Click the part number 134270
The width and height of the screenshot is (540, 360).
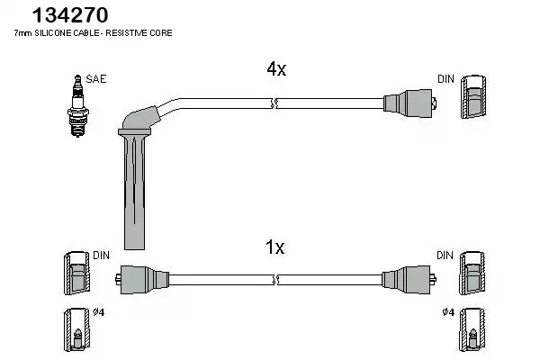tap(70, 15)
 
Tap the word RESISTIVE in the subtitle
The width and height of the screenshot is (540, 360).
tap(126, 33)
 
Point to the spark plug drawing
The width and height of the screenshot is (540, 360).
tap(77, 106)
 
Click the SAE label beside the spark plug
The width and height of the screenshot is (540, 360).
tap(96, 79)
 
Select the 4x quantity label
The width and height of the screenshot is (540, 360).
tap(276, 69)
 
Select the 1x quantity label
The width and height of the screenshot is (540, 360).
tap(274, 247)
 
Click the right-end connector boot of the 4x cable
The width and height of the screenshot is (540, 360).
tap(409, 103)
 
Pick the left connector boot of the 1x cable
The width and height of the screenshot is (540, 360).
tap(142, 279)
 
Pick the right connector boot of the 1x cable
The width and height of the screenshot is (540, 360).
tap(409, 279)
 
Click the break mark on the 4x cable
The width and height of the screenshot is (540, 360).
tap(274, 103)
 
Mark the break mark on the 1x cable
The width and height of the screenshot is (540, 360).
tap(274, 280)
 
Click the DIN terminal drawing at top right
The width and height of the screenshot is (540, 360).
tap(473, 97)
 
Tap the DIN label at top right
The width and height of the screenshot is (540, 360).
tap(446, 79)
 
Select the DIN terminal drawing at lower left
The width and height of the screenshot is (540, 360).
tap(76, 274)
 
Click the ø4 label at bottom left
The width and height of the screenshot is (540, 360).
tap(98, 312)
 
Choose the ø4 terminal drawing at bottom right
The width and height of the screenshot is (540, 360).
tap(472, 329)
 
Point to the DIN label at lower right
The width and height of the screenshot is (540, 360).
tap(445, 256)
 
